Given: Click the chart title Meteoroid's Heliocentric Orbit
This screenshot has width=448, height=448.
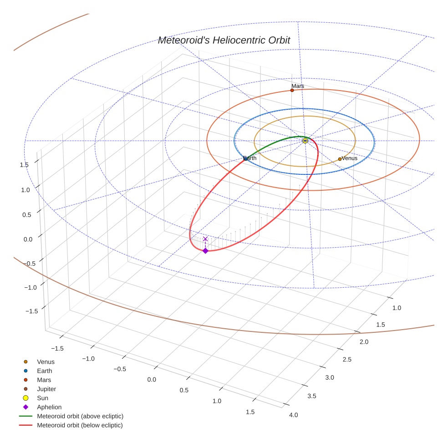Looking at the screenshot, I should pos(224,41).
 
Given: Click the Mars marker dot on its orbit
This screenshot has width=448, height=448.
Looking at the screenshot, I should pos(292,90).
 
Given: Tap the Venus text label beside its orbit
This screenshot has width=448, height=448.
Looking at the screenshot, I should pos(349,158).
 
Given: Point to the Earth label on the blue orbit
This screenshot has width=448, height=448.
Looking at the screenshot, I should pos(250,158).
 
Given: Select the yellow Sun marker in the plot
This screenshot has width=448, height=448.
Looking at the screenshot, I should pos(305,141).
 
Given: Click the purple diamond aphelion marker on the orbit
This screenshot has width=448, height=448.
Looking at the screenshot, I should pos(205,251).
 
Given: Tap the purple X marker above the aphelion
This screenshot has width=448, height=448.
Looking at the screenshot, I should pos(205,239).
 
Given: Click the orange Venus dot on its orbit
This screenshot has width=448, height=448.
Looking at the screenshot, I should pos(340,159).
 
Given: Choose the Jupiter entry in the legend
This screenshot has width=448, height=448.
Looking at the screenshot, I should pos(46,389).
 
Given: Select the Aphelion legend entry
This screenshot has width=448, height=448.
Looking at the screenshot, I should pos(49,407).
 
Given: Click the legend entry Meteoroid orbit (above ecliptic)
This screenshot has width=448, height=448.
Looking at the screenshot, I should pos(80,416).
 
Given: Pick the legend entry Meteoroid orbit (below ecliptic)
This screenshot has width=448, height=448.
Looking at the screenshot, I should pos(80,425).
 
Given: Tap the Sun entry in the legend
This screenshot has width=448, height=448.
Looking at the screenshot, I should pos(42,398).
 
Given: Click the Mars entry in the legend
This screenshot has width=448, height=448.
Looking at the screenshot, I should pos(44,380).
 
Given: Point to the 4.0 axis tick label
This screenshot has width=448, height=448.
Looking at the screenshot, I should pos(293,415).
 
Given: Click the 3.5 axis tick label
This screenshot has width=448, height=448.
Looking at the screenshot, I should pos(311,396).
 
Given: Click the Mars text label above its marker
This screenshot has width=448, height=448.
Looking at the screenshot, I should pos(298,86).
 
